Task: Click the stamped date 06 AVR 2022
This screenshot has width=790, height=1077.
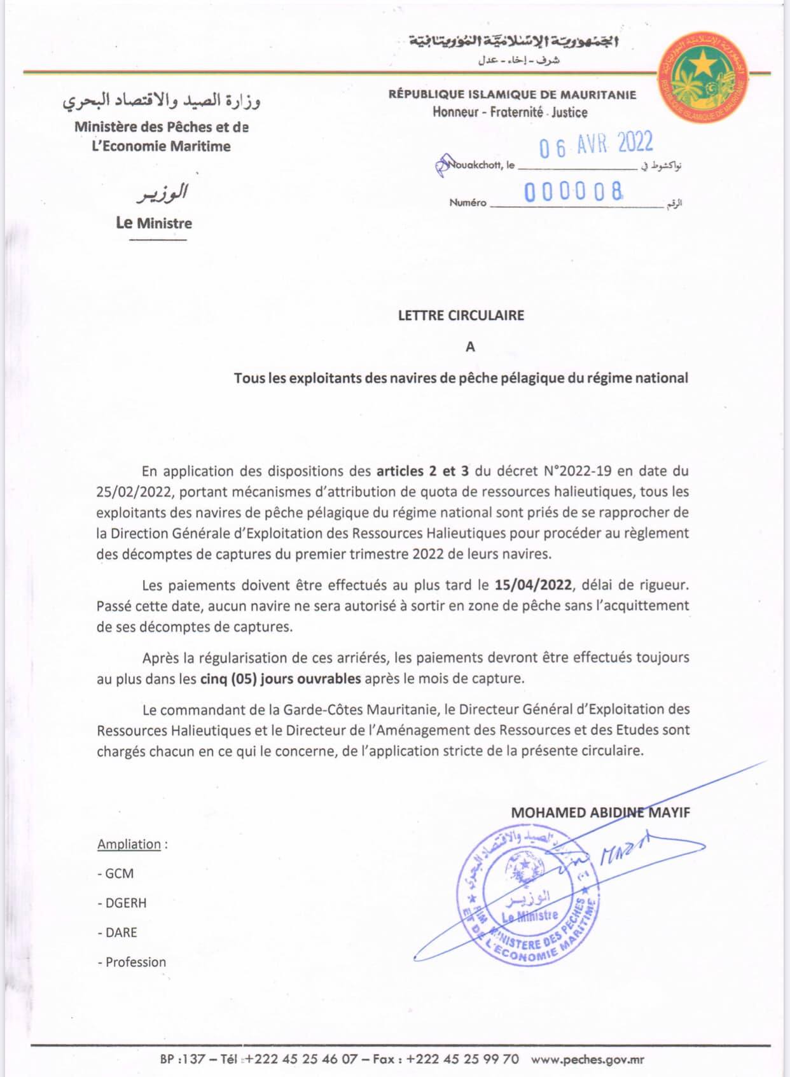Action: point(596,144)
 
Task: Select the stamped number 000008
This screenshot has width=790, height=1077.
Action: point(573,191)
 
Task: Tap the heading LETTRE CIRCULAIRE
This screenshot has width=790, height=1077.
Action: point(461,315)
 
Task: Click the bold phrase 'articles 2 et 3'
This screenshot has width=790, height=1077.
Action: point(422,471)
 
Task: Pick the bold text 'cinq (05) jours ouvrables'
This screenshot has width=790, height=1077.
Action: point(281,678)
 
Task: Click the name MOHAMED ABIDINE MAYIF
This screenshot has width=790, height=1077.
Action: point(600,812)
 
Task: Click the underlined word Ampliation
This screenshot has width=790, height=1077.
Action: point(129,844)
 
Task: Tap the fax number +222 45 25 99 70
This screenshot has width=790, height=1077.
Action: point(462,1059)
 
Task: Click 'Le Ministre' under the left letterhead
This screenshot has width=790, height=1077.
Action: point(154,223)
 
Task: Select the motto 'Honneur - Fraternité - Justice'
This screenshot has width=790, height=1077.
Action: point(510,112)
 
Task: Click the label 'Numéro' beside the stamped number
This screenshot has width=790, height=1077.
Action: point(468,203)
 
